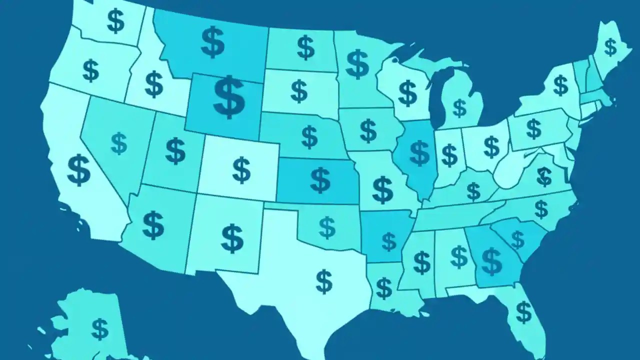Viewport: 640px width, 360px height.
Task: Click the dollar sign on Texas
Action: click(x=324, y=281)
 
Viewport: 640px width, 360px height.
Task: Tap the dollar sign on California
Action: click(x=79, y=169)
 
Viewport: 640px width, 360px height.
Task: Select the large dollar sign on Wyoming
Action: click(x=229, y=96)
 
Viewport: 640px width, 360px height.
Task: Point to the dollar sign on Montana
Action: click(x=213, y=42)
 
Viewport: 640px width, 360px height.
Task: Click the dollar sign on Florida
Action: click(x=523, y=312)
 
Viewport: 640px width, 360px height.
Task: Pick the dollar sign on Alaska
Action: click(x=100, y=329)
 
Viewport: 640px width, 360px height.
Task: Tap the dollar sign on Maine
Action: click(x=610, y=47)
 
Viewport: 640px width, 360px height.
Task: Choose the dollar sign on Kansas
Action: click(x=320, y=180)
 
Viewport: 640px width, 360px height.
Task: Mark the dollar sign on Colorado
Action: click(x=241, y=169)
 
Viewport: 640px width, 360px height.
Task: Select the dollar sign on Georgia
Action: click(x=491, y=261)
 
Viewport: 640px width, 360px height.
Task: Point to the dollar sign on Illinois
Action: click(x=419, y=153)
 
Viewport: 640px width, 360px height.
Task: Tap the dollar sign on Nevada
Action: click(x=119, y=143)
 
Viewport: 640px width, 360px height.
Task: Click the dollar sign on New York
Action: click(x=560, y=85)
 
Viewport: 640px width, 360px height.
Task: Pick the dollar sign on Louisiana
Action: click(x=384, y=288)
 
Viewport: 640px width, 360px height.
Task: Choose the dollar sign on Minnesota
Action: click(x=357, y=64)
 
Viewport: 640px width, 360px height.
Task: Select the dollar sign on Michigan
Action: click(x=459, y=107)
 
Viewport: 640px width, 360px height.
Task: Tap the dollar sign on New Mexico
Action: click(x=232, y=238)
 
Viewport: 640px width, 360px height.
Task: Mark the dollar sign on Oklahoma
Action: click(x=327, y=227)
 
